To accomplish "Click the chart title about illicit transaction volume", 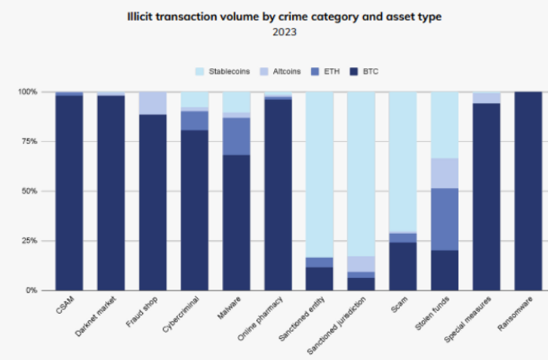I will (273, 15).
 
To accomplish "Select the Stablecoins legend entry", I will (227, 72).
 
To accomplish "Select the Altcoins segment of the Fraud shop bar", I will (152, 103).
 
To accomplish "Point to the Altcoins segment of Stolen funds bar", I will (445, 173).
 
